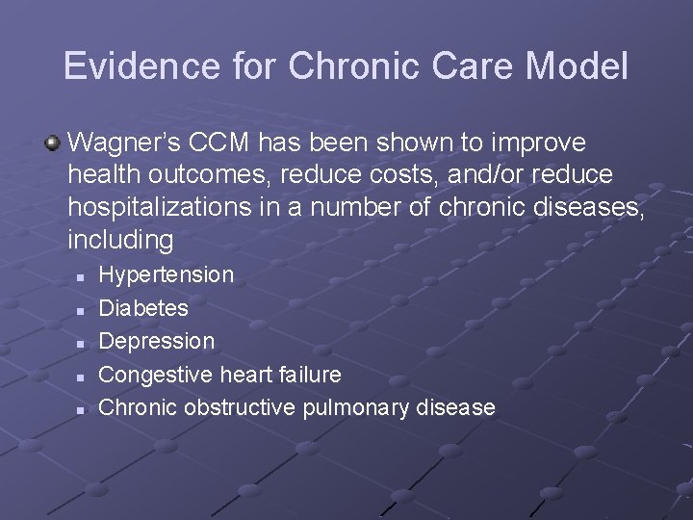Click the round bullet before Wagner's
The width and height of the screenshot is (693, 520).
(x=53, y=143)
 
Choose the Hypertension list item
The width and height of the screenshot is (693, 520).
(x=167, y=275)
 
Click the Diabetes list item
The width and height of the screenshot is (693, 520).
(x=143, y=308)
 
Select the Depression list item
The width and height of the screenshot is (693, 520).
(x=157, y=341)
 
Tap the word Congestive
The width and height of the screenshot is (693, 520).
(x=155, y=374)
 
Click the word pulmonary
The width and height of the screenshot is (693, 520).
(x=357, y=407)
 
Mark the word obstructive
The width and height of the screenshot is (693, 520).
(x=240, y=407)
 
